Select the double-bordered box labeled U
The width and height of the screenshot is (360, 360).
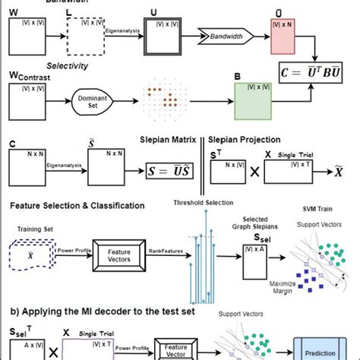165,35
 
